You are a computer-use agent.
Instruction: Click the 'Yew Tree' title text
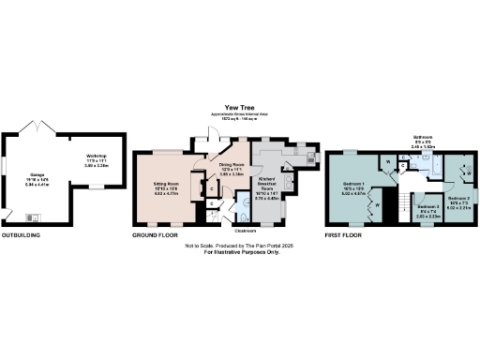coord(240,108)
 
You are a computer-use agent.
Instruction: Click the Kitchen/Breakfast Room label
coord(269,186)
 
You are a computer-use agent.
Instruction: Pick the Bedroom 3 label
coord(427,208)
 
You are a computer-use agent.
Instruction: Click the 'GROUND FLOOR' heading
coord(156,235)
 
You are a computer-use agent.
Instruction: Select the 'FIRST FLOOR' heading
coord(344,235)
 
